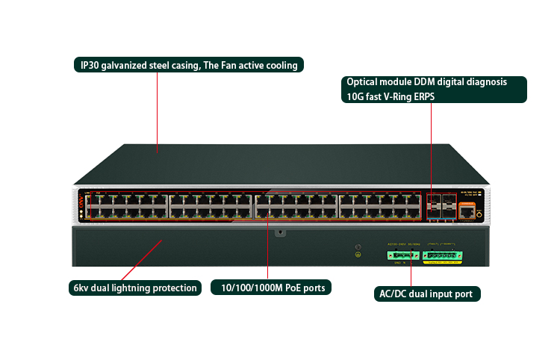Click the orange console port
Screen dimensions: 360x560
467,212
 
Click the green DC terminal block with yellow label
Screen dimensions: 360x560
444,255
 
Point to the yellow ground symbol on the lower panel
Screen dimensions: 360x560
358,255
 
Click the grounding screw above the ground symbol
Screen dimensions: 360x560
358,247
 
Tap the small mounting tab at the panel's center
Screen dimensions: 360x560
279,232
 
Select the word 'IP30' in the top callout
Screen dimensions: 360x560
91,66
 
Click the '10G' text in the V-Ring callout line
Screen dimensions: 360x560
355,96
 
